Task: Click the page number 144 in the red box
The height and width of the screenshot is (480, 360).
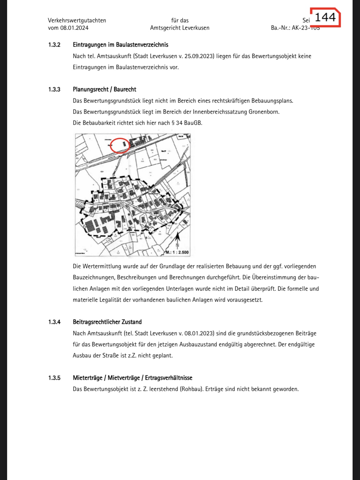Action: pos(325,17)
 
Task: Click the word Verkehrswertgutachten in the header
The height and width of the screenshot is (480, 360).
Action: pos(77,21)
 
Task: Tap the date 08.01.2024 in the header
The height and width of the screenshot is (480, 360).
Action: pos(74,28)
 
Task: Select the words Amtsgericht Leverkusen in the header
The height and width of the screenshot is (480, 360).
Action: pos(180,28)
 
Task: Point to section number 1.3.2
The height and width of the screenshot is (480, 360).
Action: pos(54,45)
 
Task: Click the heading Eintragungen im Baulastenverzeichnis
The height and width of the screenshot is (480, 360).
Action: pos(120,45)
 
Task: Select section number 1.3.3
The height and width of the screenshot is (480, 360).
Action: pos(54,90)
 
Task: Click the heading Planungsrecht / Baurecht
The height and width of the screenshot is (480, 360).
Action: pos(104,90)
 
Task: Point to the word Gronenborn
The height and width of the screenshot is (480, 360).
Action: pos(264,112)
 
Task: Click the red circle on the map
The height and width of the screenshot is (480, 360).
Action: pos(120,145)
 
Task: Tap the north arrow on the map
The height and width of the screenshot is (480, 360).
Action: pos(177,240)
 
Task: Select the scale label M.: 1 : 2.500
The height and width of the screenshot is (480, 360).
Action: pos(177,252)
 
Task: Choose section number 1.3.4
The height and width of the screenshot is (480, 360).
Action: pos(54,322)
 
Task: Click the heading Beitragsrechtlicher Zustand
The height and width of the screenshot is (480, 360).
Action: pos(107,322)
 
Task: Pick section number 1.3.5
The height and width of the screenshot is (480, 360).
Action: pos(54,378)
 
